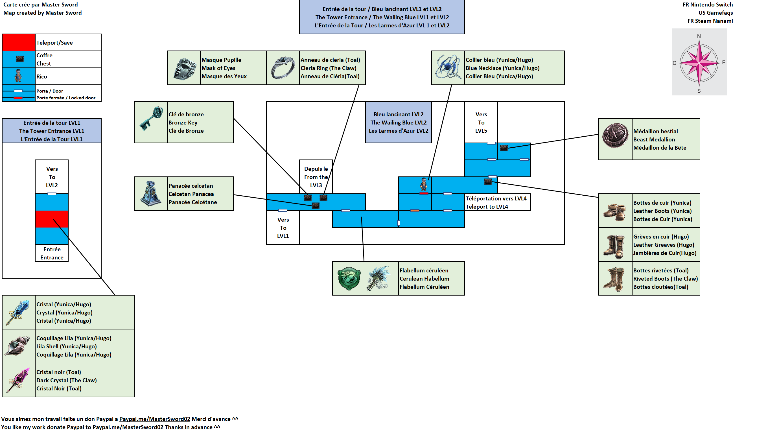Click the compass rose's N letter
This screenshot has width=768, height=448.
coord(699,36)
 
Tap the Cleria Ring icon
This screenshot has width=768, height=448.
coord(283,68)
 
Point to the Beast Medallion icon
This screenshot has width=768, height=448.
coord(615,136)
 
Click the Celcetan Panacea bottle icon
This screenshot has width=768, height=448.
coord(151,194)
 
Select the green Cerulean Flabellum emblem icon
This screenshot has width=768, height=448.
coord(349,279)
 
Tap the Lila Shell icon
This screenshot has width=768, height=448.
coord(18,346)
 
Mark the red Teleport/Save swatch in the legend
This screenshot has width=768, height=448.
coord(19,42)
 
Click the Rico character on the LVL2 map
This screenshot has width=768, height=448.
coord(424,184)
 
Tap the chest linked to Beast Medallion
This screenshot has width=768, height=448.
coord(504,148)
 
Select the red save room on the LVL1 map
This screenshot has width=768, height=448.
coord(52,219)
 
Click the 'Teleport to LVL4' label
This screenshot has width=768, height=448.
coord(487,207)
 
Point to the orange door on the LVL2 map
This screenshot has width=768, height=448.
coord(415,211)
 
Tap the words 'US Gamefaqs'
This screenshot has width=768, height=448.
coord(715,13)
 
